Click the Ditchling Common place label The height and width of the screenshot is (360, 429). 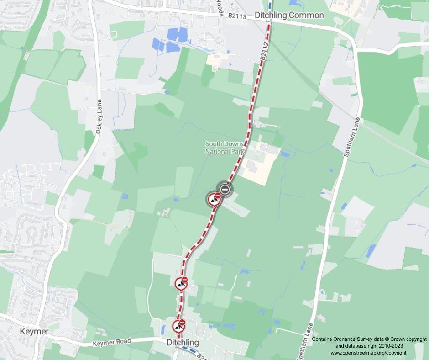click(289, 15)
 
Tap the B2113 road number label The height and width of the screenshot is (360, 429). click(237, 16)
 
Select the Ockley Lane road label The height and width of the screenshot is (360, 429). click(99, 117)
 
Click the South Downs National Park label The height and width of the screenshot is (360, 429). click(225, 148)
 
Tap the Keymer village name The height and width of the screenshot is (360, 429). click(34, 332)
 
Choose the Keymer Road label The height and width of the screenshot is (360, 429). click(111, 342)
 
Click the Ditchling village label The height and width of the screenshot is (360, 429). click(183, 342)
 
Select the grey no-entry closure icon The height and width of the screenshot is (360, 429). click(224, 189)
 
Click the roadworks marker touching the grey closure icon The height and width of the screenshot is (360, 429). click(214, 200)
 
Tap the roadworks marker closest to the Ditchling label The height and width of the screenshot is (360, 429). click(178, 327)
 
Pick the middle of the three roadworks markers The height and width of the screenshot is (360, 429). click(181, 284)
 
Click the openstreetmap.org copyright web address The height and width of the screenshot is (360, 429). click(368, 353)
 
